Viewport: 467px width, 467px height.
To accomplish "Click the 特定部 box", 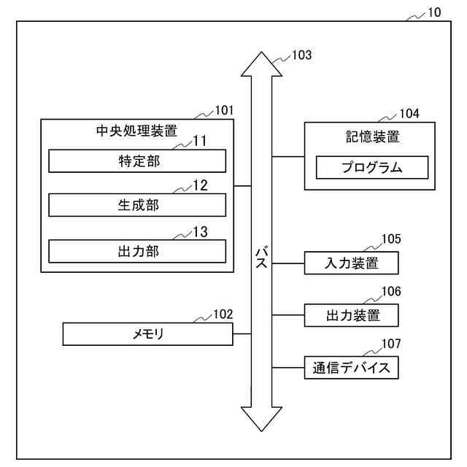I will point(137,161).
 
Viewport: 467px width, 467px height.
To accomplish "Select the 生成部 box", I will point(137,205).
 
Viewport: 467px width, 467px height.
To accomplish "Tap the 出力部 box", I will point(137,251).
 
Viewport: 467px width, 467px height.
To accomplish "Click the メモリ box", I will point(148,334).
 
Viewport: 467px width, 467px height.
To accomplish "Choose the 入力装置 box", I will point(352,263).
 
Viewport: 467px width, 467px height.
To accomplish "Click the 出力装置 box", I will point(352,315).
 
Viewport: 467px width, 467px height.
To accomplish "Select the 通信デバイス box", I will point(352,368).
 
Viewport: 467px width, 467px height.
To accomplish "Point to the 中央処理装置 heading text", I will point(137,132).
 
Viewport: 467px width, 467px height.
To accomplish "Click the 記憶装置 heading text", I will point(371,136).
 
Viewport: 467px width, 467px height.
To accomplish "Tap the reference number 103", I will point(301,55).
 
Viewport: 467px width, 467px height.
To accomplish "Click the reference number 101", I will point(224,110).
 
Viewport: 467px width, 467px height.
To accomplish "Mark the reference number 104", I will point(409,114).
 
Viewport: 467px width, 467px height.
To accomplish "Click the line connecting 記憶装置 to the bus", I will point(288,156).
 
